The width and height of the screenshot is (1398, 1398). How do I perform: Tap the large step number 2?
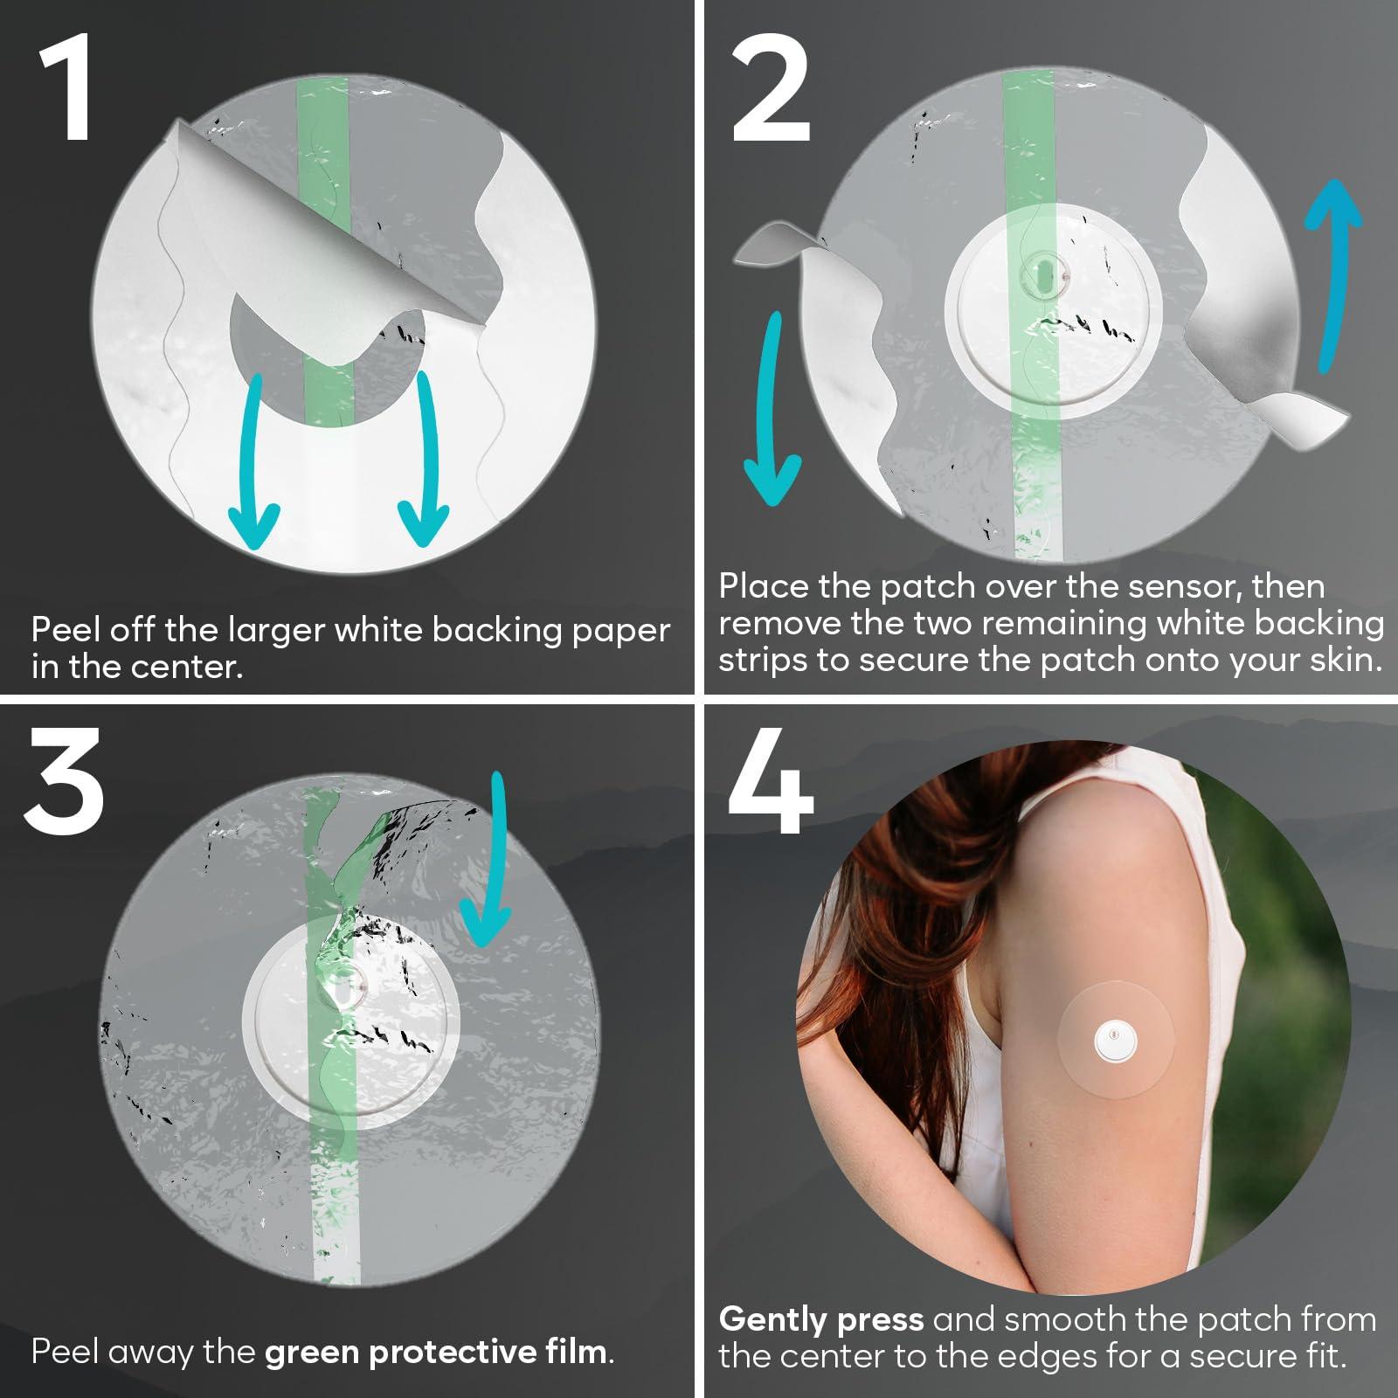pos(771,92)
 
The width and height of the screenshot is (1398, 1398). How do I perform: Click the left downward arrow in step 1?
pos(253,463)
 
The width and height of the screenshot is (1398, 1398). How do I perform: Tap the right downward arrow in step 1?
pos(426,463)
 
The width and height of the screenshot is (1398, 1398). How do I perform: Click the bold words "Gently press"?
pos(820,1318)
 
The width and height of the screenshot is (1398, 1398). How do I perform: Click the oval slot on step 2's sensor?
pos(1044,277)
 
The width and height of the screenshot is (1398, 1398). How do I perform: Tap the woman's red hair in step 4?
pos(882,874)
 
